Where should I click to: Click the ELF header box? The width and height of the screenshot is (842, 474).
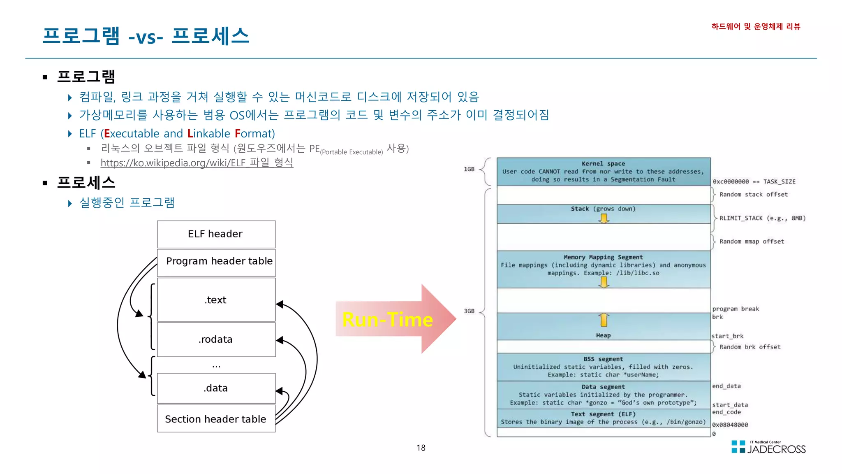pyautogui.click(x=216, y=234)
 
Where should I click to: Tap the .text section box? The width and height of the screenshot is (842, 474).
pyautogui.click(x=216, y=300)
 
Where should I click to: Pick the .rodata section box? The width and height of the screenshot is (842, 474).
pyautogui.click(x=216, y=339)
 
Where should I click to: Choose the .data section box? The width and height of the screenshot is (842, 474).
pyautogui.click(x=216, y=388)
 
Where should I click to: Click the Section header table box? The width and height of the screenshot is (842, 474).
pyautogui.click(x=216, y=419)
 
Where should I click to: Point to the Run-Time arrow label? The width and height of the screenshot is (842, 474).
pyautogui.click(x=387, y=320)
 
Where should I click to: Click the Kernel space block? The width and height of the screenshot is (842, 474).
pyautogui.click(x=603, y=172)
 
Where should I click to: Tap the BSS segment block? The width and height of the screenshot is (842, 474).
pyautogui.click(x=603, y=367)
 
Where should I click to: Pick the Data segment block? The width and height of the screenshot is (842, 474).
pyautogui.click(x=603, y=395)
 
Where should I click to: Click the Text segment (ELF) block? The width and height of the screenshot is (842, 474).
pyautogui.click(x=603, y=418)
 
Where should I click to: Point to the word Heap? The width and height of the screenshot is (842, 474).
pyautogui.click(x=603, y=335)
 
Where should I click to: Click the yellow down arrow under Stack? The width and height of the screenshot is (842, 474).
pyautogui.click(x=604, y=218)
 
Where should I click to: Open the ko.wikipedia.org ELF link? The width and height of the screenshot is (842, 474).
pyautogui.click(x=197, y=163)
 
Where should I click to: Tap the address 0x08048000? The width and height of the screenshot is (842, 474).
pyautogui.click(x=730, y=425)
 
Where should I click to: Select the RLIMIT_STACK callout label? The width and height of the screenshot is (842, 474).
pyautogui.click(x=762, y=218)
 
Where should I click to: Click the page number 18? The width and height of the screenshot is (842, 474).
pyautogui.click(x=421, y=448)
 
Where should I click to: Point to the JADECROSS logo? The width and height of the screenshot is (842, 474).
pyautogui.click(x=768, y=447)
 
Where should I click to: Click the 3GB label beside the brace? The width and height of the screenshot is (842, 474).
pyautogui.click(x=469, y=311)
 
